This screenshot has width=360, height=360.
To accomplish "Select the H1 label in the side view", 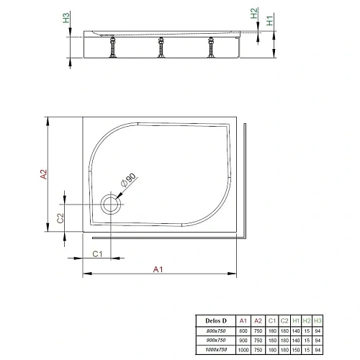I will [x=270, y=22].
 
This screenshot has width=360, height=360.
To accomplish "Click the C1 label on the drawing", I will [x=99, y=253].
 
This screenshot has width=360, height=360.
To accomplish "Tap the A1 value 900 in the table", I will [x=243, y=339].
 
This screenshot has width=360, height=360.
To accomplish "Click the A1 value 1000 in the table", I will [x=243, y=349].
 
